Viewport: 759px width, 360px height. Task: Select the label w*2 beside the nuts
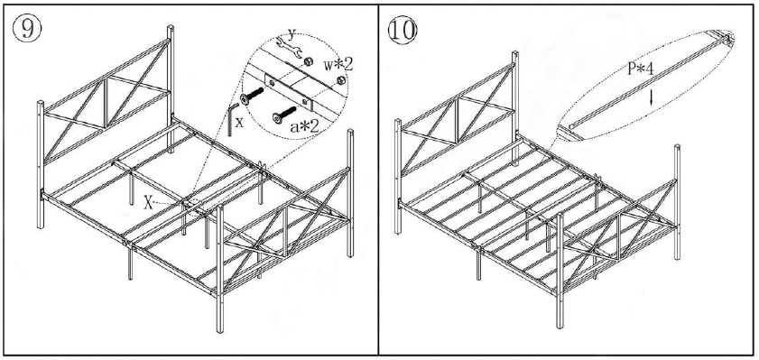pos(341,65)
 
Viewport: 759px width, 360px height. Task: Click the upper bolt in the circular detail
pos(255,93)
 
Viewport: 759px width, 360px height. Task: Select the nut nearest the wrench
pos(310,60)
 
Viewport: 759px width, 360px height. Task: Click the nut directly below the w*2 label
pos(341,81)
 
